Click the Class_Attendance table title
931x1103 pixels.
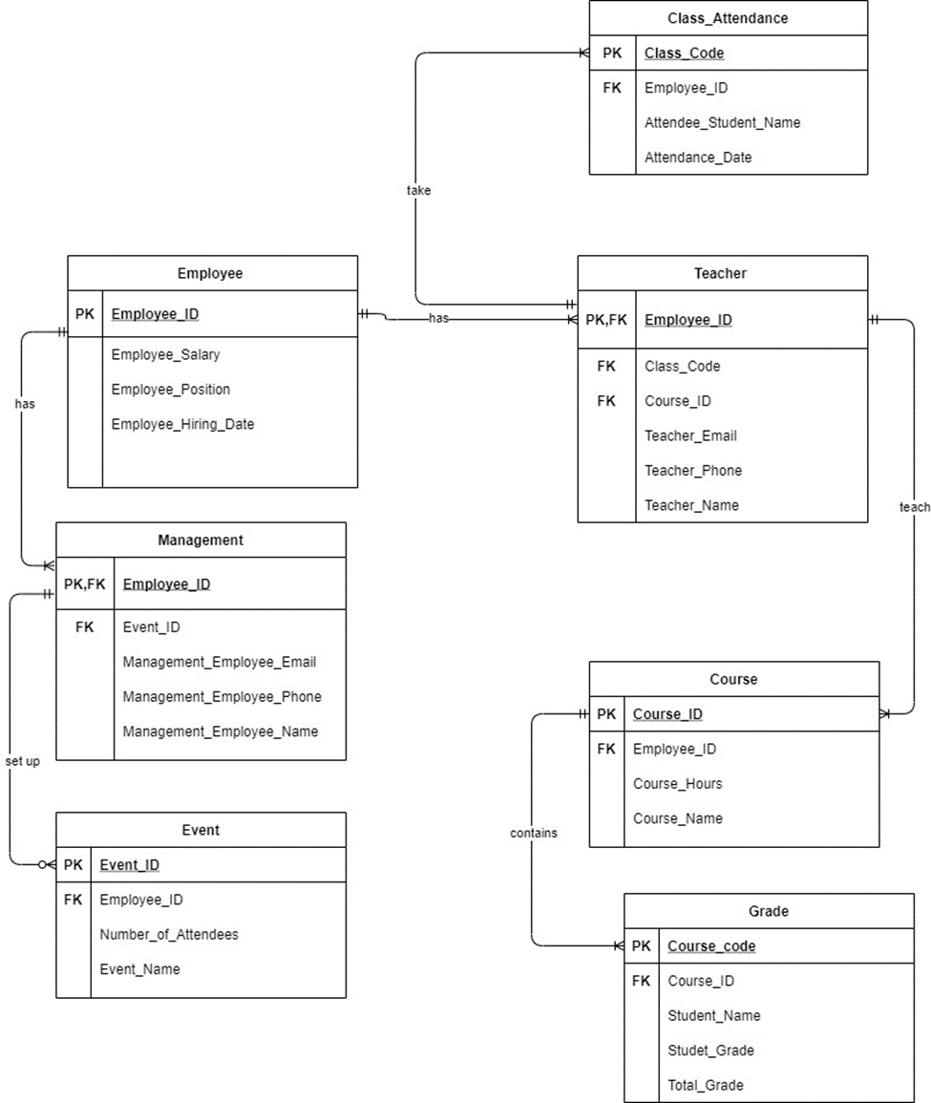coord(728,18)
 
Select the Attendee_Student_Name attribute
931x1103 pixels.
coord(722,122)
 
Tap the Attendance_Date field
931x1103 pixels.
coord(697,158)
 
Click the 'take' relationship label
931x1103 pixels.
coord(418,190)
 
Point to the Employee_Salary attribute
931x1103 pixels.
coord(165,354)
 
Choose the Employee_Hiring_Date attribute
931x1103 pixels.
coord(182,424)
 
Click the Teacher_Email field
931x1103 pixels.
coord(690,435)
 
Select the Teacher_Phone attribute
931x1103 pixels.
coord(692,471)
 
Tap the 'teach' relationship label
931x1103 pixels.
coord(914,507)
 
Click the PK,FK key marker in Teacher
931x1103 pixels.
coord(606,320)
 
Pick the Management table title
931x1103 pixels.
coord(201,540)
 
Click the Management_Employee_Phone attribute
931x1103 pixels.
coord(222,697)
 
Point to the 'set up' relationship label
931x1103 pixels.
coord(22,761)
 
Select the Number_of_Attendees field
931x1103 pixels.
coord(169,934)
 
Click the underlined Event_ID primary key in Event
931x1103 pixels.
coord(129,865)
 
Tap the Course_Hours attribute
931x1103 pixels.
coord(677,784)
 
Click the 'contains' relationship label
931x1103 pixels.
coord(533,833)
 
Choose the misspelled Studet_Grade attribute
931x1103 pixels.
coord(710,1050)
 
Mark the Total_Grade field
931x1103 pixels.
coord(705,1085)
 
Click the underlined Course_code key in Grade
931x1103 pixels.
coord(711,946)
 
